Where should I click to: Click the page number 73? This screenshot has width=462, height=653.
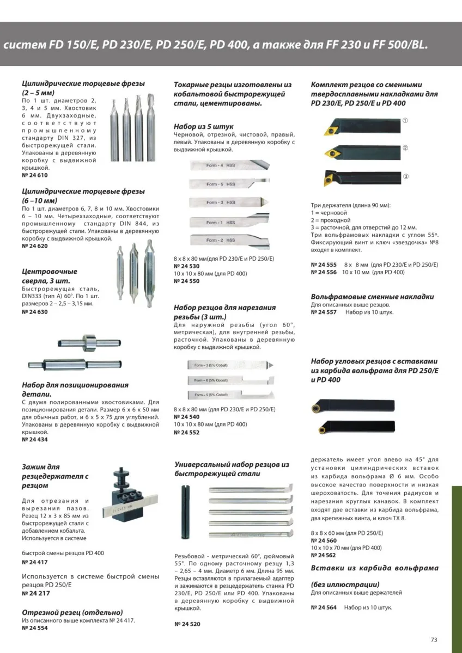coord(434,639)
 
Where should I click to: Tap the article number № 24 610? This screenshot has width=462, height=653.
coord(35,176)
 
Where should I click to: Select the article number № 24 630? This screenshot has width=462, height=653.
coord(35,312)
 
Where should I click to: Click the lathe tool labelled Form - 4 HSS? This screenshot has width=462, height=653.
coord(229,165)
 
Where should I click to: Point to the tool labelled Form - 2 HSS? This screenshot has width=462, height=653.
coord(229,240)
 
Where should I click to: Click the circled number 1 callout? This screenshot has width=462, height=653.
coord(405,120)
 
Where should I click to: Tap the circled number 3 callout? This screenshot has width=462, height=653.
coord(405,177)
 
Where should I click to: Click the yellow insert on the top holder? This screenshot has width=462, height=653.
coord(329,130)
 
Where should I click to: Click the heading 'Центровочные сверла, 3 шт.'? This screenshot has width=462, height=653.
coord(49,275)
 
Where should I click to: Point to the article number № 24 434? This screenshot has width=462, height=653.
coord(35,439)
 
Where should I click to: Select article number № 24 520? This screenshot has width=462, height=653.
coord(187,624)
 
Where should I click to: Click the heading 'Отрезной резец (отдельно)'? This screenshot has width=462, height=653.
coord(72,612)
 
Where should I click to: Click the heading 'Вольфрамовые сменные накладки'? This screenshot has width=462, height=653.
coord(372,297)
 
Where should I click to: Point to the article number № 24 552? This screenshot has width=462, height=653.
coord(186,432)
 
